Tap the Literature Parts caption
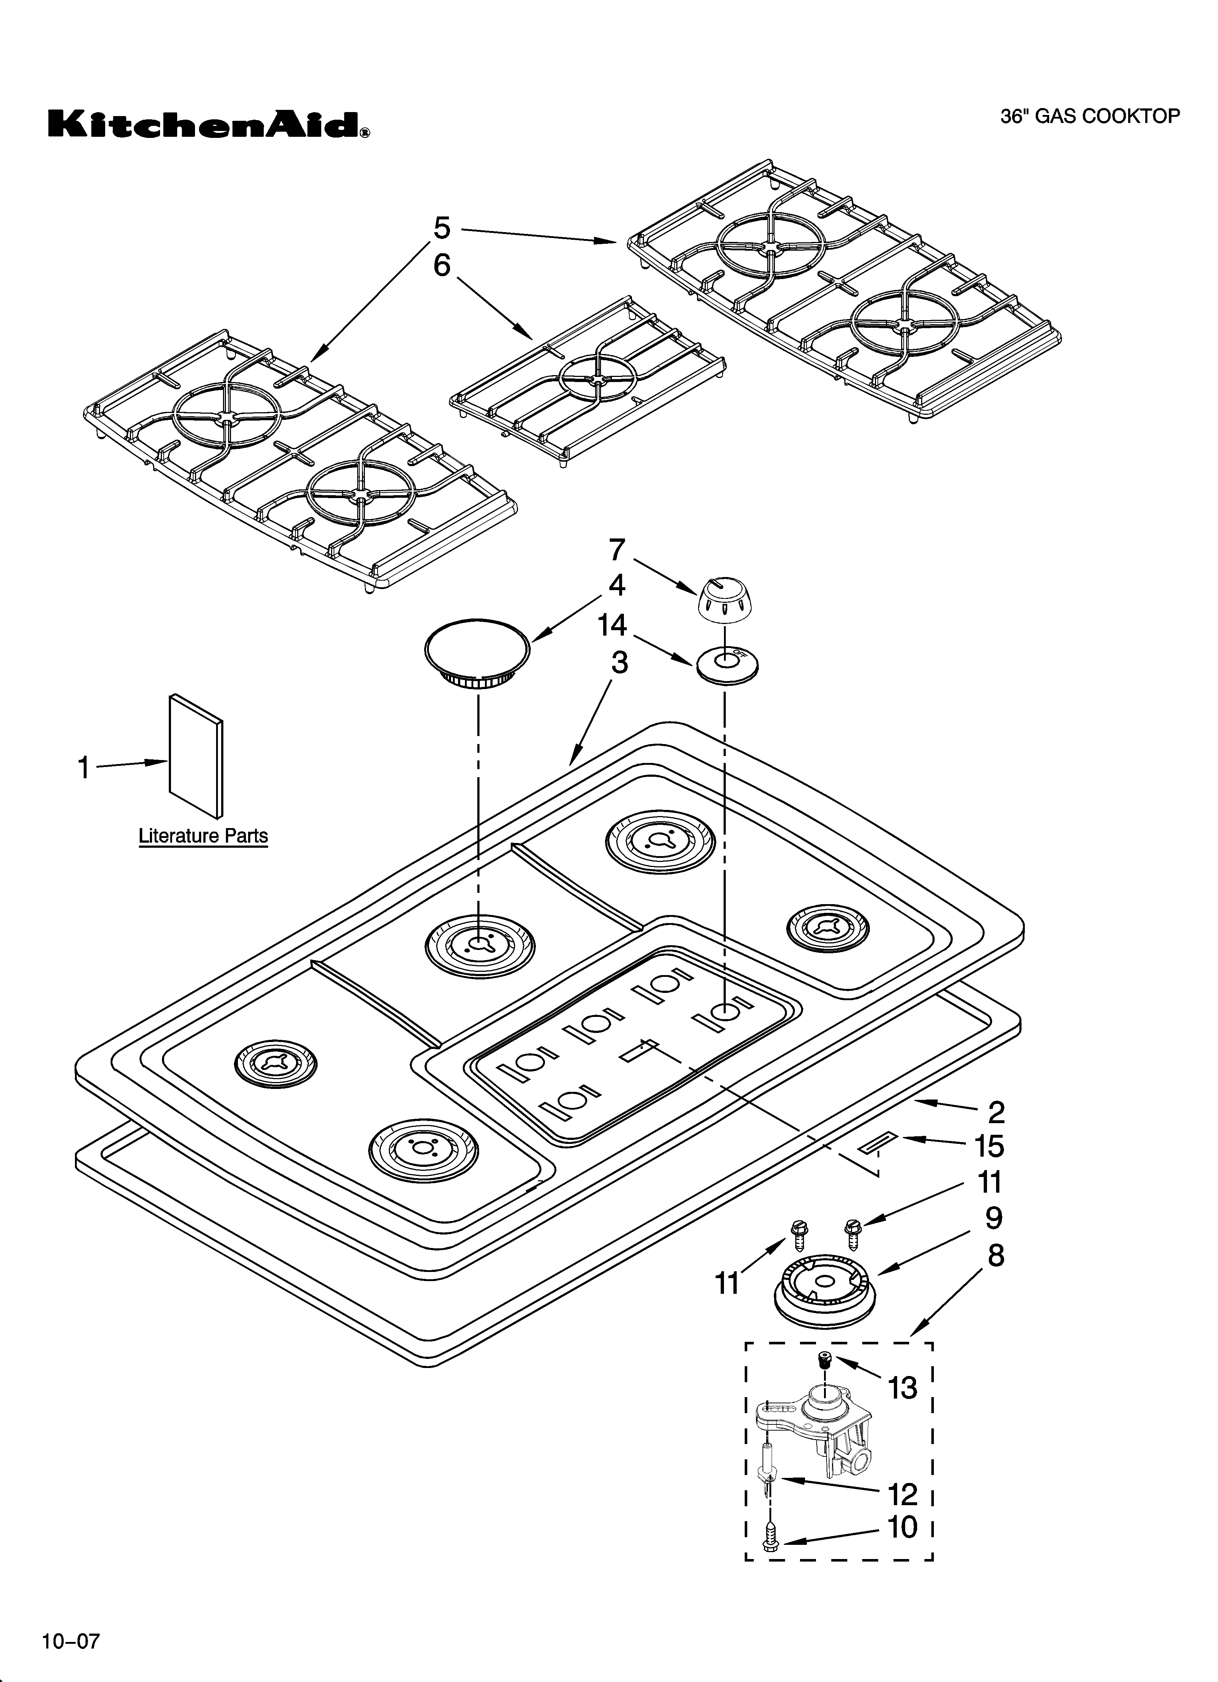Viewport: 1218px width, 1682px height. pyautogui.click(x=203, y=836)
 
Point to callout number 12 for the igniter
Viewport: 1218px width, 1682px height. pyautogui.click(x=903, y=1494)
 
